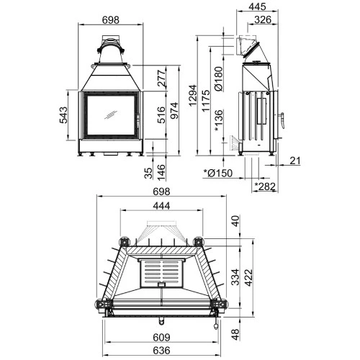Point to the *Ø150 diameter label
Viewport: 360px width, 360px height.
coord(218,174)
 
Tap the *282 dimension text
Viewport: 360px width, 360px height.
coord(266,187)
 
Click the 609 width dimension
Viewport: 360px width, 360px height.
coord(161,338)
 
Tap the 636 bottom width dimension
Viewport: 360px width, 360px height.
coord(161,351)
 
